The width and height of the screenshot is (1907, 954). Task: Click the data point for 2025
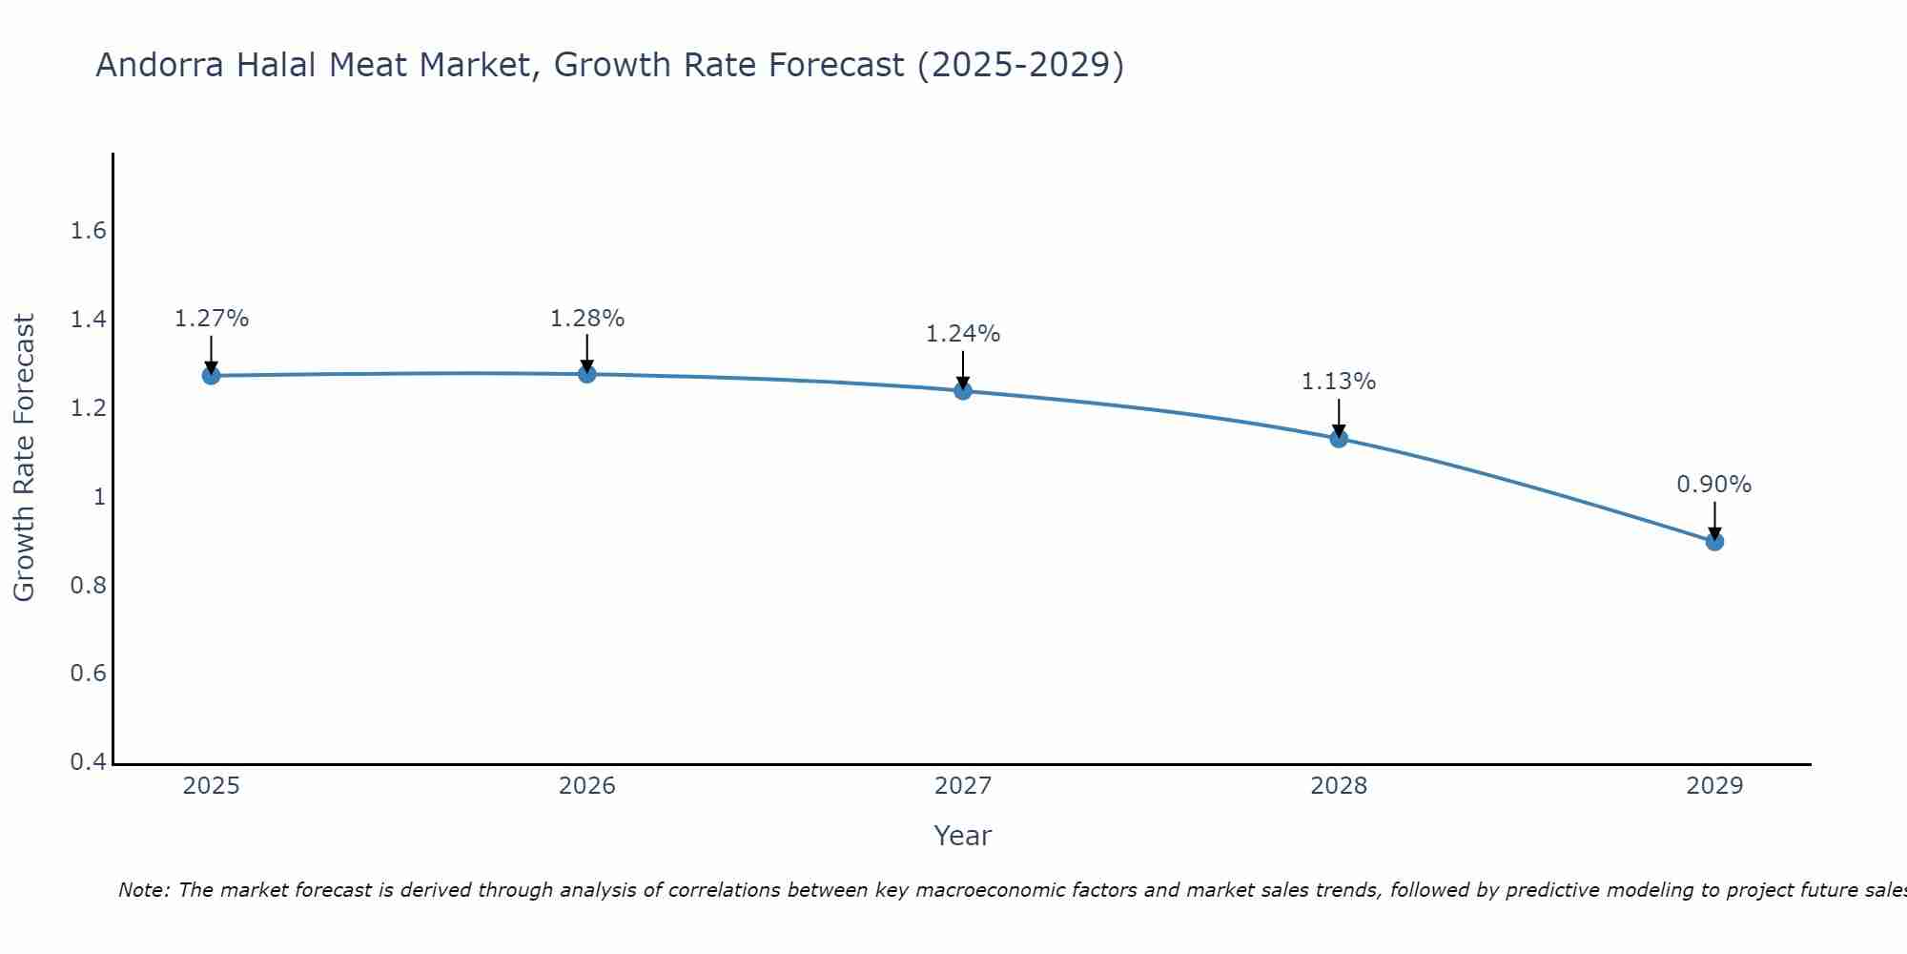(211, 376)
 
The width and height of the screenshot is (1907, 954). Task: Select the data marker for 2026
(587, 374)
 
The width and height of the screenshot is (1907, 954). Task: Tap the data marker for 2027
(963, 390)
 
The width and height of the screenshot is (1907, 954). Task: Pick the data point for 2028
(1339, 439)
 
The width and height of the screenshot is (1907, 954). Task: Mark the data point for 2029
(1714, 542)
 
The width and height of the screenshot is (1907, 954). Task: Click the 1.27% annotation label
(211, 319)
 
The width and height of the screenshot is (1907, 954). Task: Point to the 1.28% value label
(587, 319)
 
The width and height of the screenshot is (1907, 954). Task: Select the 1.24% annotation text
(963, 334)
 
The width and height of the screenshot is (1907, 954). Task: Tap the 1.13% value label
(1339, 382)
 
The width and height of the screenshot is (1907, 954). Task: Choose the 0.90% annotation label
(1714, 485)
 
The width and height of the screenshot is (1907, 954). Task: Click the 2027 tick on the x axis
(963, 786)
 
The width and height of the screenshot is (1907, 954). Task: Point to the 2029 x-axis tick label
(1714, 786)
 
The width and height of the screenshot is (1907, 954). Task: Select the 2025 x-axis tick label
(211, 786)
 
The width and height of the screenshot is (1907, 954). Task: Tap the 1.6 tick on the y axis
(88, 231)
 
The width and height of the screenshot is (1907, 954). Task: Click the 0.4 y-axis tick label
(88, 762)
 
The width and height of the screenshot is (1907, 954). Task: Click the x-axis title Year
(963, 836)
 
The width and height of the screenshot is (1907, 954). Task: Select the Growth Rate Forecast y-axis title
(24, 458)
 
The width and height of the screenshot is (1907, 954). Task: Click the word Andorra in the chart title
(159, 65)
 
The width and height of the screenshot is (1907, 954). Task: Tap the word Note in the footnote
(143, 890)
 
